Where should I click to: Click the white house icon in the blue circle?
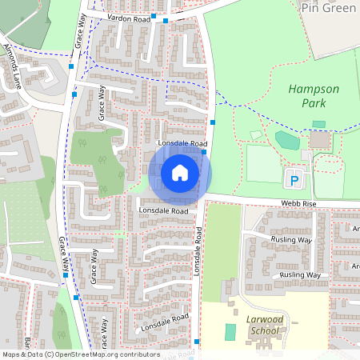(179, 173)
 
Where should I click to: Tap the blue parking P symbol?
(294, 180)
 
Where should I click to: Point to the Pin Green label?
(328, 7)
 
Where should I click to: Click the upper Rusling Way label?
(290, 239)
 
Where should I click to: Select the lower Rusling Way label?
(301, 274)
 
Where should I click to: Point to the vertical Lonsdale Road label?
(197, 251)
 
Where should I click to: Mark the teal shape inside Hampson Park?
(287, 140)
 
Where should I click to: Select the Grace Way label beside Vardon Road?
(79, 30)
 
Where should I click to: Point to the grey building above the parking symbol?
(319, 139)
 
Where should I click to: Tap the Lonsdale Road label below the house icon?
(163, 210)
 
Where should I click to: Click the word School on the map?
(265, 330)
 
